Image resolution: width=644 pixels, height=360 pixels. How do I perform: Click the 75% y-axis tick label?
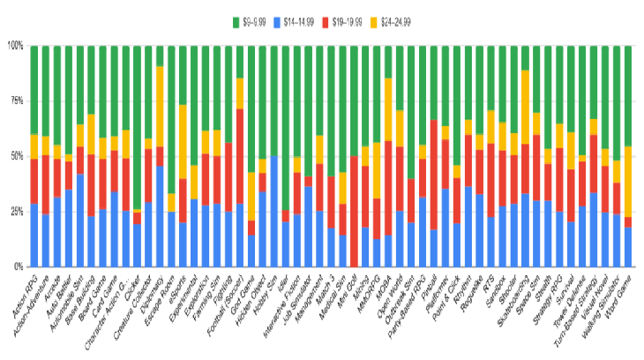click(18, 101)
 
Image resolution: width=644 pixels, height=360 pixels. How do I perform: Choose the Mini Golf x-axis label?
click(345, 287)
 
